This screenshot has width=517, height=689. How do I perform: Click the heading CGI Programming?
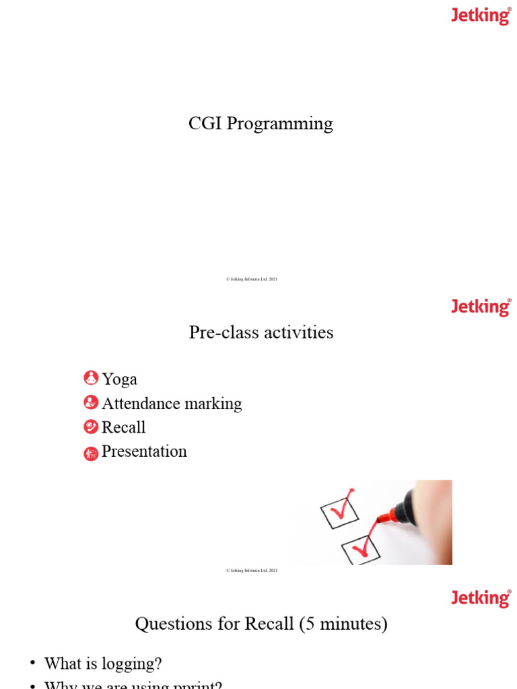tap(261, 124)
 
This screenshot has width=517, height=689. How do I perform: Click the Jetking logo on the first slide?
tap(481, 15)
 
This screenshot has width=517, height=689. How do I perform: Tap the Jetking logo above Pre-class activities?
tap(481, 307)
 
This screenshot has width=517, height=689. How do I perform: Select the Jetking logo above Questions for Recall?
tap(481, 598)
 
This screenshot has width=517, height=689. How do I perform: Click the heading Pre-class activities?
tap(261, 332)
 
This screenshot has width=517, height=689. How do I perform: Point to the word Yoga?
tap(119, 379)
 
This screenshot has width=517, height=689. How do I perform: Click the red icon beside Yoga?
tap(91, 378)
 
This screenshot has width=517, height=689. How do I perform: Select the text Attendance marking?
tap(172, 404)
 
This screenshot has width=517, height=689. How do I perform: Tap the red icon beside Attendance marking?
tap(91, 402)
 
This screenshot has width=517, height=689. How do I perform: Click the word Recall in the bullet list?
tap(123, 427)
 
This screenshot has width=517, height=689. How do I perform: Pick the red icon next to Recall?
tap(91, 427)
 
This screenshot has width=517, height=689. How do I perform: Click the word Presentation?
tap(144, 451)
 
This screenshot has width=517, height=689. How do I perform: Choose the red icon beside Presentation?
tap(91, 454)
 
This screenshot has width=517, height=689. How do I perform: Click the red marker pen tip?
tap(384, 518)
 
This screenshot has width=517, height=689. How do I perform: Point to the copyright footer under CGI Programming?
tap(252, 279)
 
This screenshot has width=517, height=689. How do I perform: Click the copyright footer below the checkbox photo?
tap(252, 571)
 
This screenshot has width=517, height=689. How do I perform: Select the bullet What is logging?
tap(103, 664)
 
